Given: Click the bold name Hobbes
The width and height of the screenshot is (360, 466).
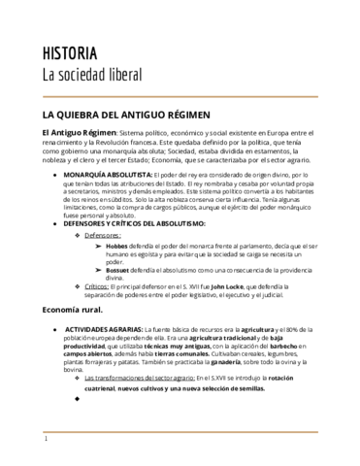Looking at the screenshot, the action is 116,247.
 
